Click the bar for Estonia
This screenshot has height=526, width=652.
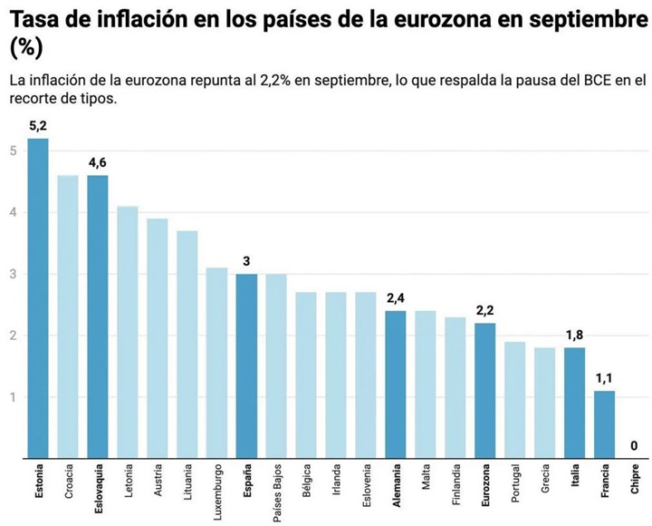pos(37,299)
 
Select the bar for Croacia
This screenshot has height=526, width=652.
pos(67,317)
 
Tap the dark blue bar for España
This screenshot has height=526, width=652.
pos(246,366)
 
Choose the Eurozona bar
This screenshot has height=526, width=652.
pos(485,391)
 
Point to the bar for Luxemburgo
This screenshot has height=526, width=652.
pos(216,363)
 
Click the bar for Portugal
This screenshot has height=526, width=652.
pos(514,400)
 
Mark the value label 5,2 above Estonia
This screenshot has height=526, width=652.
pos(37,126)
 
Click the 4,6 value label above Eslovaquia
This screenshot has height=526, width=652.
pos(97,162)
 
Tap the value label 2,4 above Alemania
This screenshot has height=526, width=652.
pos(396,297)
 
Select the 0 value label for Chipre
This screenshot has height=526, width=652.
pos(634,445)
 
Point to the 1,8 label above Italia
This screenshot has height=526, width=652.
pos(574,335)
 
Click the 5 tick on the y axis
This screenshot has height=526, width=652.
pos(13,151)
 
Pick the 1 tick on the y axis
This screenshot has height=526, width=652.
pos(13,397)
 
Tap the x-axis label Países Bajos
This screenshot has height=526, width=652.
pos(277,491)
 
